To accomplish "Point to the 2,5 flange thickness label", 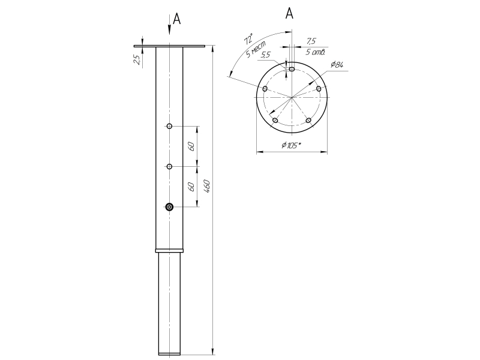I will tap(137, 59).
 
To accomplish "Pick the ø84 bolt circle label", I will tap(336, 65).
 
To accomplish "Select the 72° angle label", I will tap(247, 40).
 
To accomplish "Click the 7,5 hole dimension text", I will tap(311, 41).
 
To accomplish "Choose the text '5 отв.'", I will tap(315, 52).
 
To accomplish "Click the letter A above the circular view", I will tap(289, 13).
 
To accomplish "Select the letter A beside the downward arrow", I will tap(177, 19).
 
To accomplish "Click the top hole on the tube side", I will tap(170, 126).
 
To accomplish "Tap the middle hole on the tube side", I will tap(170, 166).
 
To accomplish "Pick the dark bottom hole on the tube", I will tap(170, 207).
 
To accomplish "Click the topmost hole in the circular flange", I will tap(292, 69).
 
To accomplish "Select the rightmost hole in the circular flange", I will tap(319, 89).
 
